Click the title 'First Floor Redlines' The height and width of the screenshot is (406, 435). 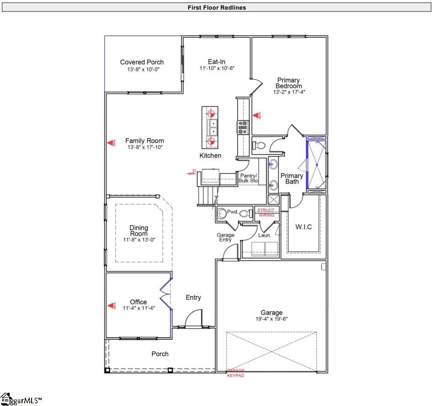tap(217, 8)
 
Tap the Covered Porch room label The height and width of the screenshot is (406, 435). tap(142, 62)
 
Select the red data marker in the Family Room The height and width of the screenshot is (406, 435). tap(110, 143)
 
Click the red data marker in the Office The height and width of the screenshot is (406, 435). tap(110, 305)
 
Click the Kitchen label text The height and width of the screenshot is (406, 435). tap(210, 156)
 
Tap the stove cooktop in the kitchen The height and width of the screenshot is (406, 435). tap(242, 126)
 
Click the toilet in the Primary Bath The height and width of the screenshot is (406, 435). tap(259, 145)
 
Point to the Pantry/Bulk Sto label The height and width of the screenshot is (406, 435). tap(248, 179)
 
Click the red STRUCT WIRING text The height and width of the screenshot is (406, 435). tap(266, 213)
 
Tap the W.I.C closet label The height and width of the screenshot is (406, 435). tap(303, 227)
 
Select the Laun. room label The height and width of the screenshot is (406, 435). tap(265, 235)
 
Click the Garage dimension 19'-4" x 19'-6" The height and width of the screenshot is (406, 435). tap(272, 319)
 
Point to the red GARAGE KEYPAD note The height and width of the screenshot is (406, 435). tap(236, 373)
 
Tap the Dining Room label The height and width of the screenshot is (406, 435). tap(139, 231)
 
